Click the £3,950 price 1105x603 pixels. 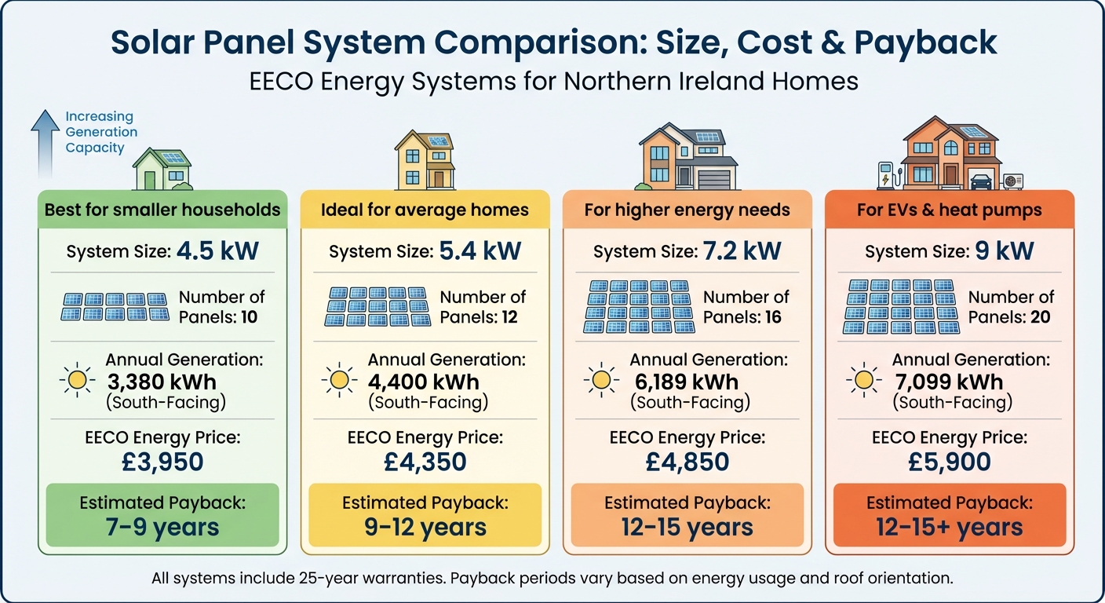(x=162, y=461)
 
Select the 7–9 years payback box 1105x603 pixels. (x=162, y=515)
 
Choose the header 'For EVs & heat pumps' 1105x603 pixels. (x=950, y=210)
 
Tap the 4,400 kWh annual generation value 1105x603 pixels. (x=424, y=382)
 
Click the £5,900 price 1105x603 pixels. (x=950, y=461)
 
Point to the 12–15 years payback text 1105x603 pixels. (x=687, y=528)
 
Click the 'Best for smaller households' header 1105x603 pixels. (x=162, y=210)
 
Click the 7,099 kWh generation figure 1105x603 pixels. (x=949, y=382)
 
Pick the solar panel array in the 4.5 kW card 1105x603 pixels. (x=115, y=307)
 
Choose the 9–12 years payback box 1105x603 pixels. (x=425, y=515)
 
